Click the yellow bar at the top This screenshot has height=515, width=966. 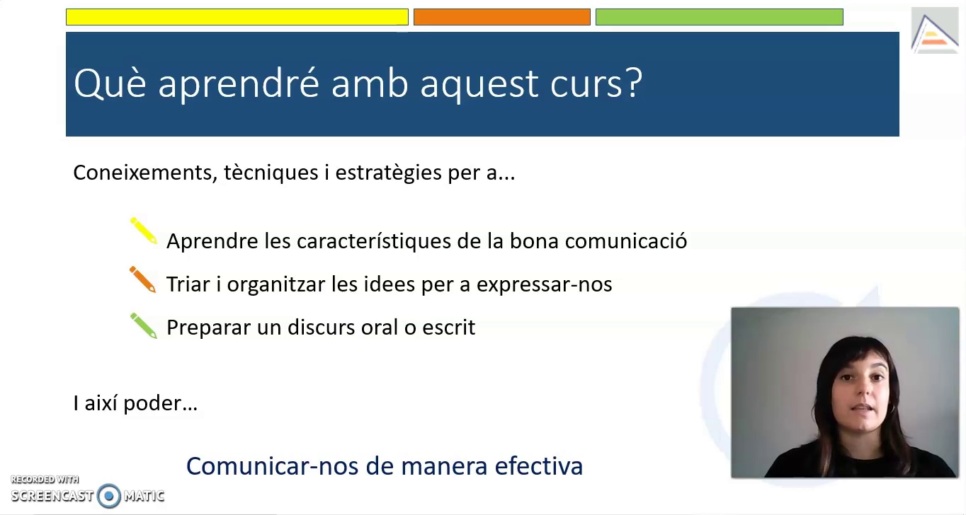[237, 17]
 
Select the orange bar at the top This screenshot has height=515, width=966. [502, 17]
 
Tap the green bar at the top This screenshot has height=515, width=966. [720, 17]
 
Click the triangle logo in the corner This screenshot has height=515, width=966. [934, 33]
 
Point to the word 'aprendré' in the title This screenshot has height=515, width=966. [239, 84]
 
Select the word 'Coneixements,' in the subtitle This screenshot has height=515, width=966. [145, 173]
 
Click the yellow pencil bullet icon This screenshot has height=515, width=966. [144, 231]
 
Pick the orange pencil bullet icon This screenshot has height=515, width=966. [143, 279]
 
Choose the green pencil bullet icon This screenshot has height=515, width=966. [144, 325]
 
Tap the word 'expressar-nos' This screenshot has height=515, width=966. [544, 284]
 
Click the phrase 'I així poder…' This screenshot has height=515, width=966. [135, 403]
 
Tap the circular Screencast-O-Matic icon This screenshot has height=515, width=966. [108, 496]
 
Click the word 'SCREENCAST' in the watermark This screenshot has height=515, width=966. [52, 496]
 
